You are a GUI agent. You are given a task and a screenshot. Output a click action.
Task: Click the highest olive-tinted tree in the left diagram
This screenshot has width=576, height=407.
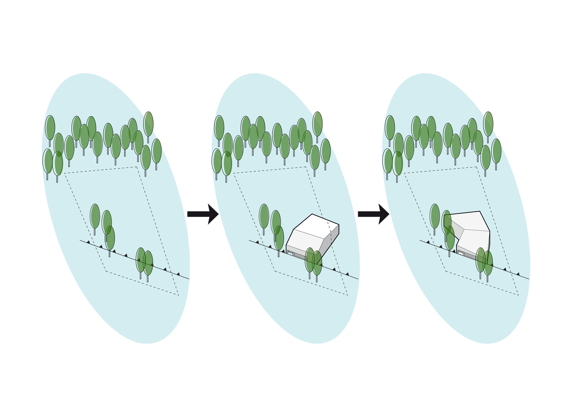tap(148, 124)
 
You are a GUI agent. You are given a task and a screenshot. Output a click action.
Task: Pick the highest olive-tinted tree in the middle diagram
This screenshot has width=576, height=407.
tap(317, 124)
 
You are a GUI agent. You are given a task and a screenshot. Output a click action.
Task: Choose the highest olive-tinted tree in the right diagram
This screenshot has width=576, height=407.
tap(488, 124)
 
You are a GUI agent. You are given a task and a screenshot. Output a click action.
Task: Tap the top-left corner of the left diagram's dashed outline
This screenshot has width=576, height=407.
tap(64, 173)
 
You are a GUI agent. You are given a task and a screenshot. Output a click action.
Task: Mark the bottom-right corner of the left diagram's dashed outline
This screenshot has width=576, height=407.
tap(179, 295)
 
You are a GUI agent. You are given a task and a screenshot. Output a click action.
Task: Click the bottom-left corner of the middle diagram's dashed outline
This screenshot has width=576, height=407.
tap(275, 271)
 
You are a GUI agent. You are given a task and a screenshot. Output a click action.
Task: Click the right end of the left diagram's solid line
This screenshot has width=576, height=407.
tap(189, 279)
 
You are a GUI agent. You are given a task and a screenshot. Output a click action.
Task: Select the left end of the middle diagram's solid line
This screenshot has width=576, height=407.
tap(249, 240)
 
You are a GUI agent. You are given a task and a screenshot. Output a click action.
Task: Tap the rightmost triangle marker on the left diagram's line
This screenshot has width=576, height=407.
tap(178, 274)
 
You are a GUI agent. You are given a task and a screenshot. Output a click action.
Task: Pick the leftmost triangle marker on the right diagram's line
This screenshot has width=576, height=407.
tap(428, 242)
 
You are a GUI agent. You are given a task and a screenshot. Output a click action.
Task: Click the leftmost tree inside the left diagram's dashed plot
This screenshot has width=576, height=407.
tap(95, 216)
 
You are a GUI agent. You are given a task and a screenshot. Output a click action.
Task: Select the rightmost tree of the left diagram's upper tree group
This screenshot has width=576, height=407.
tap(156, 151)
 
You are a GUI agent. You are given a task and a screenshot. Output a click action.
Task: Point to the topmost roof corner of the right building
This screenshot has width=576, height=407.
tap(480, 211)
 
